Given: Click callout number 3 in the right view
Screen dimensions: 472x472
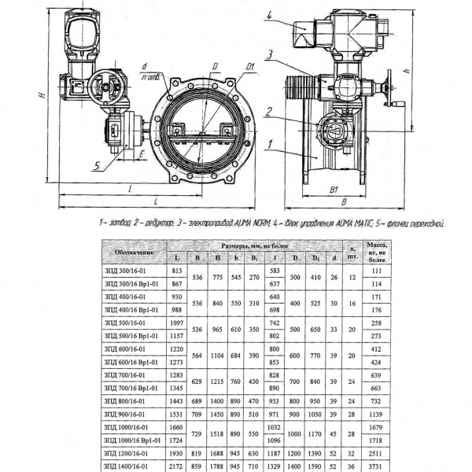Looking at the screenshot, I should (269, 54).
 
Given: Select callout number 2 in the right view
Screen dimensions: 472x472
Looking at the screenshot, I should (270, 112).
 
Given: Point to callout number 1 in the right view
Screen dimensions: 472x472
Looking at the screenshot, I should (270, 144).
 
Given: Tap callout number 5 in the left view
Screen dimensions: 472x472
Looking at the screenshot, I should (95, 166).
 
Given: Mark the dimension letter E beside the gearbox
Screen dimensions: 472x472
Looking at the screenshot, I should (141, 154).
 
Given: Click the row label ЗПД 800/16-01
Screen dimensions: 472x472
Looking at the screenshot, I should (124, 401).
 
